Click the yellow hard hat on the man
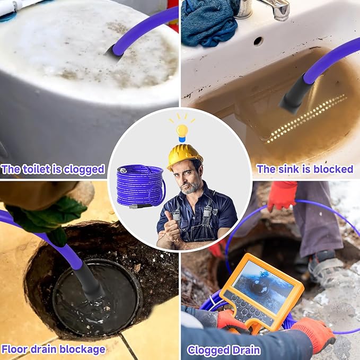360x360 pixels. pos(185,156)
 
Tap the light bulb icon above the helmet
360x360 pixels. pos(182,130)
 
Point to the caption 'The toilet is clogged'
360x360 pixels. pos(53,170)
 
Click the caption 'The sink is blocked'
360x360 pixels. pos(304,169)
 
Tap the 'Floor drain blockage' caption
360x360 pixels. pos(53,349)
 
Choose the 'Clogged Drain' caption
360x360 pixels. pos(223,350)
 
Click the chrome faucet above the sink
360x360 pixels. pos(268,8)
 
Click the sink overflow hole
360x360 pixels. pos(258,40)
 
